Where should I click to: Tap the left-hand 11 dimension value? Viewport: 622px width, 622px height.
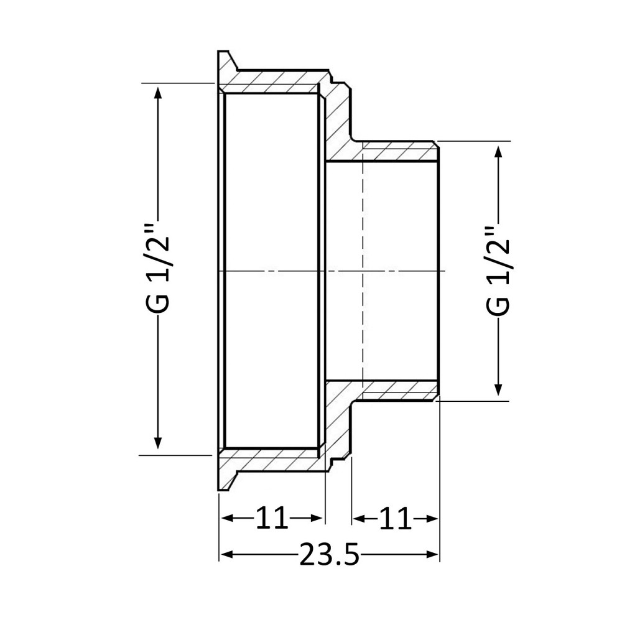click(272, 518)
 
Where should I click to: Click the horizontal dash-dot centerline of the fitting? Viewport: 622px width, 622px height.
click(280, 271)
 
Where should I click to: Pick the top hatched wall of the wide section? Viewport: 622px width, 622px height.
click(274, 83)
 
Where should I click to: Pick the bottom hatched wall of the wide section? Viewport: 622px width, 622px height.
click(274, 460)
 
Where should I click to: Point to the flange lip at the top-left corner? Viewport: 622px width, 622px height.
click(225, 62)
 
